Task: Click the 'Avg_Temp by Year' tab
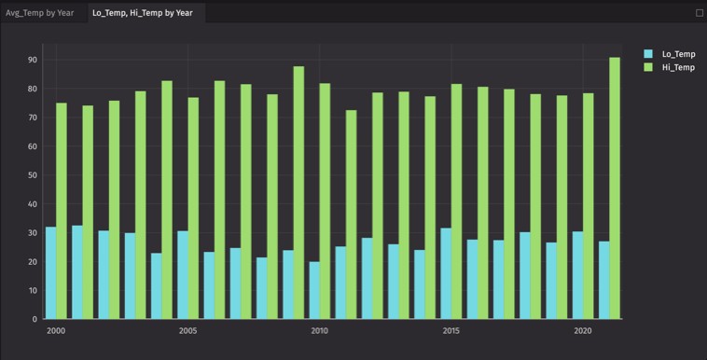40,13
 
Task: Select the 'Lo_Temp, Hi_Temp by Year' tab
143,13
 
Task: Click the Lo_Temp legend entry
678,54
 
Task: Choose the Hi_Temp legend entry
678,67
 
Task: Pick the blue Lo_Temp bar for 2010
314,290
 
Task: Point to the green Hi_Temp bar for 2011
352,215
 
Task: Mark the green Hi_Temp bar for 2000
62,211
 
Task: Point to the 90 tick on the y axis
33,60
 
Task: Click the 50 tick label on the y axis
33,175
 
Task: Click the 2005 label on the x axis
187,331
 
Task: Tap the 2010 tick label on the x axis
320,331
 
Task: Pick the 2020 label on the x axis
583,331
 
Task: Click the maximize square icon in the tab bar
700,13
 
